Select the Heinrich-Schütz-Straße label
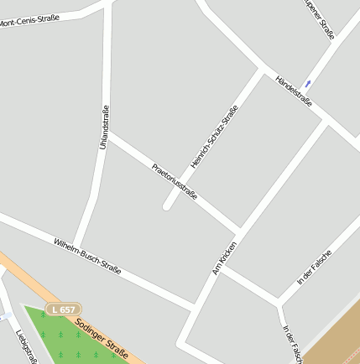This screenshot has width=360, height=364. (215, 136)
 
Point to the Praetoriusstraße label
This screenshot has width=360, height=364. (175, 181)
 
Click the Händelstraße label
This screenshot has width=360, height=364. (294, 91)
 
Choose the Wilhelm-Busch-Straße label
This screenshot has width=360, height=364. (87, 256)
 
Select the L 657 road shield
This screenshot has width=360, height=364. (63, 309)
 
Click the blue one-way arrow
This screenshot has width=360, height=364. (308, 83)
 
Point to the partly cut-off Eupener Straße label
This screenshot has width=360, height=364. (320, 18)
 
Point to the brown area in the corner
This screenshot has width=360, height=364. (336, 340)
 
